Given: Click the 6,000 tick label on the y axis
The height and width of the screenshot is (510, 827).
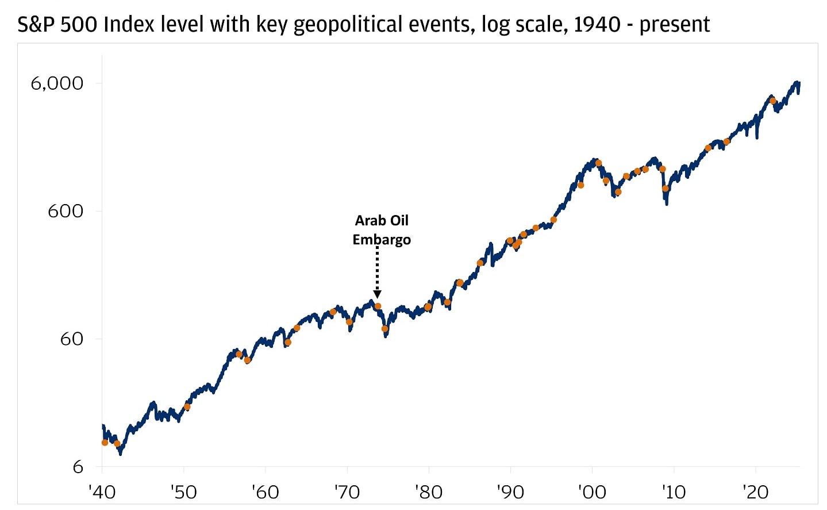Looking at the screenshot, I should pyautogui.click(x=57, y=83).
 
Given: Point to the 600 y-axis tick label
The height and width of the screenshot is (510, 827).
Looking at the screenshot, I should pyautogui.click(x=65, y=211).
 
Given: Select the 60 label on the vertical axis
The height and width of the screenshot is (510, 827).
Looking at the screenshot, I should pyautogui.click(x=71, y=339).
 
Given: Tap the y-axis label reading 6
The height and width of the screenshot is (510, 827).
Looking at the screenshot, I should pyautogui.click(x=78, y=467).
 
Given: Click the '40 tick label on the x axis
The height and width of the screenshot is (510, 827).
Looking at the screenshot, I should pyautogui.click(x=102, y=492).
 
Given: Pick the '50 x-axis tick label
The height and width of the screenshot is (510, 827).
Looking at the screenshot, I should pyautogui.click(x=183, y=492).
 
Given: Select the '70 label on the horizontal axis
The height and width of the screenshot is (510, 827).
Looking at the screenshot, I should pyautogui.click(x=347, y=492).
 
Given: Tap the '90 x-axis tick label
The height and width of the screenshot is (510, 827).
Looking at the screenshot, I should pyautogui.click(x=510, y=492).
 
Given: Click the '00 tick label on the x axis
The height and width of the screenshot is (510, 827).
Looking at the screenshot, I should pyautogui.click(x=591, y=492).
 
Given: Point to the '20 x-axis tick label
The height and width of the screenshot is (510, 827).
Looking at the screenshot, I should pyautogui.click(x=755, y=492).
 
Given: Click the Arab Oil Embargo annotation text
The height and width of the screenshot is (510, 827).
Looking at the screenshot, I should pyautogui.click(x=382, y=230).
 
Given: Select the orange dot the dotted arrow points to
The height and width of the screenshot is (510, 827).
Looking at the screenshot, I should pyautogui.click(x=378, y=306).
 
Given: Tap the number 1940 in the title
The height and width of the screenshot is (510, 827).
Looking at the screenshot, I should pyautogui.click(x=597, y=25).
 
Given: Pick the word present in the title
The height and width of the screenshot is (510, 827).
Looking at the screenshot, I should pyautogui.click(x=675, y=25).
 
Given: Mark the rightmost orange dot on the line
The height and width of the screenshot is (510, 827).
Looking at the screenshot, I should pyautogui.click(x=773, y=101).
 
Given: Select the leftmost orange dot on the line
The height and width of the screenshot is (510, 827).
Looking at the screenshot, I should pyautogui.click(x=105, y=443).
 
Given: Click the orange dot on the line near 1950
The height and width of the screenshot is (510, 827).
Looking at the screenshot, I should pyautogui.click(x=187, y=407).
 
